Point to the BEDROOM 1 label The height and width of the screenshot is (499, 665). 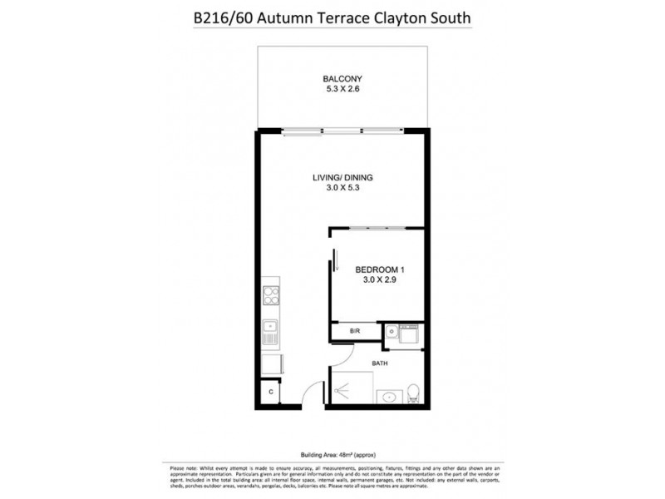coord(380,269)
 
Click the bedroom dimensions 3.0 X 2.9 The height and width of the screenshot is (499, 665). coord(380,280)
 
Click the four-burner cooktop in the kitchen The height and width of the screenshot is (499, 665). coord(271,294)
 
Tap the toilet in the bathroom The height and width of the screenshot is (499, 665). coord(413,391)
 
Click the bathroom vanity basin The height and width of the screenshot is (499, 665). coord(387,397)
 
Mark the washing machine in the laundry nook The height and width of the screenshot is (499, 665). coord(409,334)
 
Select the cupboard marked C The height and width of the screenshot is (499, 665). coord(270,392)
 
